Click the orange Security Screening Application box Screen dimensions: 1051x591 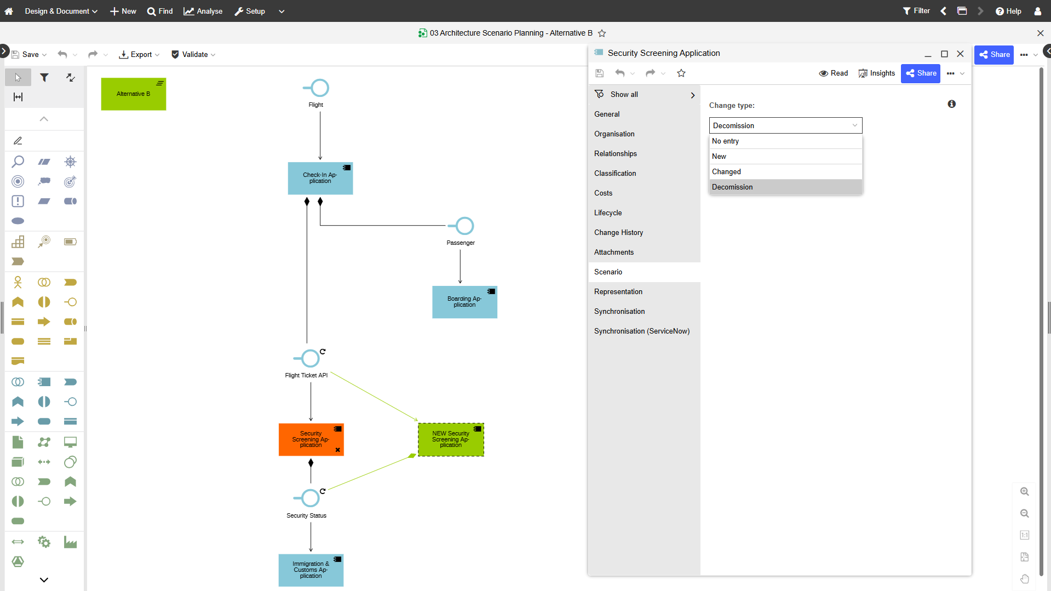coord(311,439)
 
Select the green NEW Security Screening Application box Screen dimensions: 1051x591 coord(451,439)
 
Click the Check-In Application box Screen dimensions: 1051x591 coord(320,178)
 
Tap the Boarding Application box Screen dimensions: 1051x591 coord(464,302)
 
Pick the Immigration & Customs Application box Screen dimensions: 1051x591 coord(311,570)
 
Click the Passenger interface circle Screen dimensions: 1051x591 coord(464,226)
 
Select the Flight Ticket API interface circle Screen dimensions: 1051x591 coord(311,358)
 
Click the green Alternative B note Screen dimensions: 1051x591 coord(134,94)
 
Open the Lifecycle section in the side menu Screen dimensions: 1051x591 coord(608,213)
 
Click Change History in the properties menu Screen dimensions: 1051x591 coord(618,232)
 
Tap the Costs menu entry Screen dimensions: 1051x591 coord(603,193)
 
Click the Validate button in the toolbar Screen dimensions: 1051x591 coord(193,54)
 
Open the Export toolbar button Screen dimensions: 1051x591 coord(139,54)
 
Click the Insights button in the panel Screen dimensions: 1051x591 coord(876,73)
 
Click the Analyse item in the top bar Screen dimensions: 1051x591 coord(203,11)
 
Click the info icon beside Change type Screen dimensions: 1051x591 coord(952,104)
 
